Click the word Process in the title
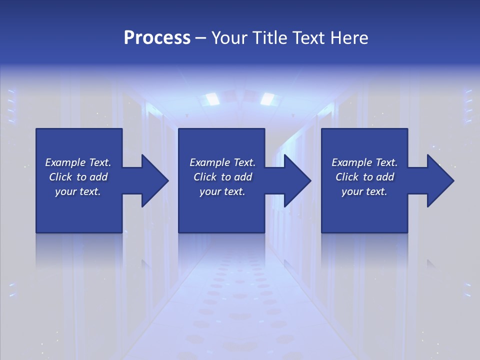click(157, 38)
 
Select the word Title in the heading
click(271, 38)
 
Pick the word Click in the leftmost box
click(60, 177)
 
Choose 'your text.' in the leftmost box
click(78, 191)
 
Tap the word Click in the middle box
click(205, 177)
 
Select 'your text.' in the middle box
click(222, 191)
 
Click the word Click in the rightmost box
click(347, 177)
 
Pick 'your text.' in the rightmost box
click(364, 191)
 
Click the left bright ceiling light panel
click(210, 99)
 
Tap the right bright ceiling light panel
click(268, 99)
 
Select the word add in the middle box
click(243, 177)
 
